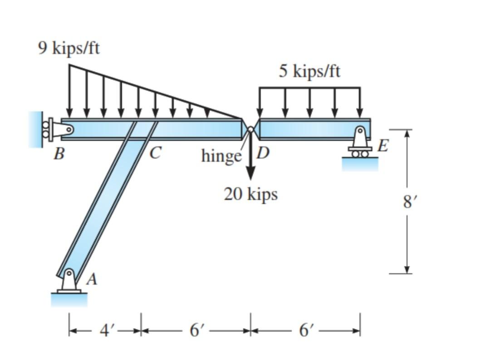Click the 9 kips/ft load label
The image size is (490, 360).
[69, 48]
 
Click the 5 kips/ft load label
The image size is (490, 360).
[309, 71]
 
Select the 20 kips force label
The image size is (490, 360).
[250, 194]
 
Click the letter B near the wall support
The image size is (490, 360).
[58, 154]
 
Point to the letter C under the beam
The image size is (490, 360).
[155, 154]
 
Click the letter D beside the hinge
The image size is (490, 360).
[263, 153]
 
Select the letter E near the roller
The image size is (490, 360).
[383, 146]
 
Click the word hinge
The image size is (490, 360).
[221, 156]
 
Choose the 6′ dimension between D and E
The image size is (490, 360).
[305, 330]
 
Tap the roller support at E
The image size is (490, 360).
[360, 143]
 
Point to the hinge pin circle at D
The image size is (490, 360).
[250, 129]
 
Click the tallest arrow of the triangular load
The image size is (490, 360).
[69, 91]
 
